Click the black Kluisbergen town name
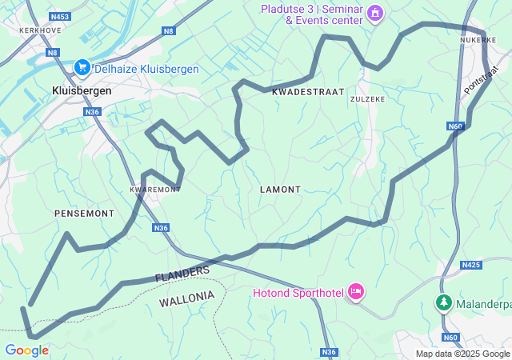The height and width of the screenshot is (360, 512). click(82, 91)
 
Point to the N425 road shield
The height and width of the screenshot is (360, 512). click(471, 264)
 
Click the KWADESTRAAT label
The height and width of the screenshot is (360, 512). click(308, 92)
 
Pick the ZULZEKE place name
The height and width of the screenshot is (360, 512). click(367, 98)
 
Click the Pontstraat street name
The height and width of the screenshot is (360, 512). click(481, 81)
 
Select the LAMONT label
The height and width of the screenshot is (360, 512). click(280, 190)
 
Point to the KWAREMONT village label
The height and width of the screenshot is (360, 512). click(155, 190)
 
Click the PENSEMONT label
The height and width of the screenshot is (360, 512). click(84, 214)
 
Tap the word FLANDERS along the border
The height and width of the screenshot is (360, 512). click(182, 274)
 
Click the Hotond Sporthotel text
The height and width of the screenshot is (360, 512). click(298, 293)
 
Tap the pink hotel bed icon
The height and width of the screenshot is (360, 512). click(356, 293)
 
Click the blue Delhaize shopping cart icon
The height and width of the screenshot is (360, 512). click(82, 69)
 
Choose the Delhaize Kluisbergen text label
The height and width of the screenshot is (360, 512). click(146, 69)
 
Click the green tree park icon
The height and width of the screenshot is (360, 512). click(443, 303)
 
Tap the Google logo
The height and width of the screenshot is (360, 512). click(26, 350)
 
